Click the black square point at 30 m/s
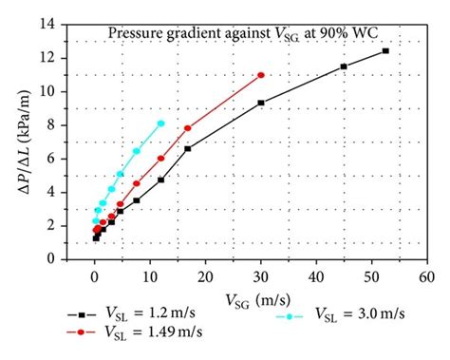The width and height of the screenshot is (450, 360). tap(261, 103)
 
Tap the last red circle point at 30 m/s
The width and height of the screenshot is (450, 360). tap(261, 75)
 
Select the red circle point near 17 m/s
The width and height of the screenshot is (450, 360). tap(188, 128)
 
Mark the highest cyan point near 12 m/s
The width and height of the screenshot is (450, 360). tap(160, 123)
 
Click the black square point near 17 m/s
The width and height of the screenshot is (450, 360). tap(188, 148)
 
